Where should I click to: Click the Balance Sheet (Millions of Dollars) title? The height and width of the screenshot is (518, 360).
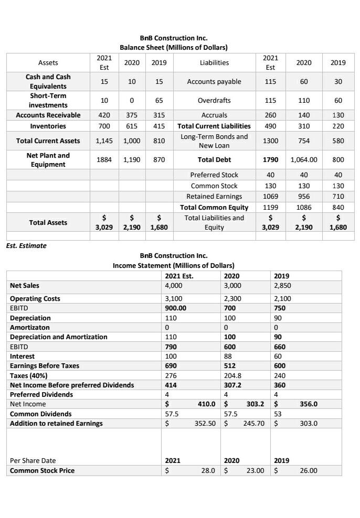(173, 47)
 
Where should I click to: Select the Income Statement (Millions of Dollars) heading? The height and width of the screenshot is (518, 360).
(173, 265)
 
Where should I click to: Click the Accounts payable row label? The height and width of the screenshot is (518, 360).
(214, 81)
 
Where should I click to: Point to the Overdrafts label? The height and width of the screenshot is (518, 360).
(214, 100)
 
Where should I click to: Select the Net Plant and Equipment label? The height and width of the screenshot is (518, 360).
(48, 160)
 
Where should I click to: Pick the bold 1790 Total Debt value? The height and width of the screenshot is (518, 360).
(270, 159)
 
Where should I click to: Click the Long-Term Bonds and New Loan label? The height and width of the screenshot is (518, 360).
(214, 141)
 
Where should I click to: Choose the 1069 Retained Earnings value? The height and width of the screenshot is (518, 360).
(270, 196)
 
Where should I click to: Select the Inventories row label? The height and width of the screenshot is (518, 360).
(48, 126)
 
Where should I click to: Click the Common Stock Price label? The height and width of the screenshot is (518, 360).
(43, 470)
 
